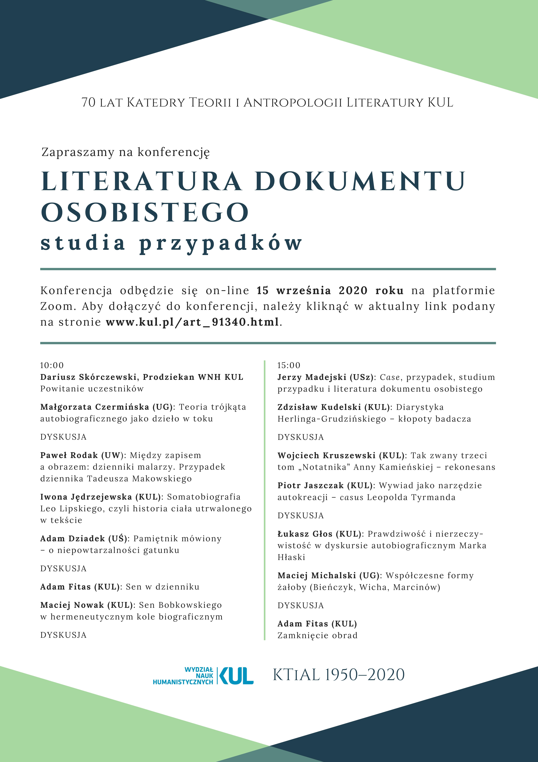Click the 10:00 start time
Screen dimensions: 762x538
coord(52,365)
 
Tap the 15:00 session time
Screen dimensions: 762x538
coord(289,365)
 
